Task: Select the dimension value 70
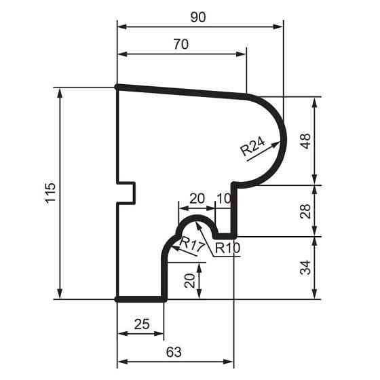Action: point(180,45)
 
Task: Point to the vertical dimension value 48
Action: point(306,140)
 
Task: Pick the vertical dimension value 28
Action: point(306,210)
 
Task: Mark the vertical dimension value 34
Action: point(306,267)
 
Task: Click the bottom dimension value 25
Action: point(141,324)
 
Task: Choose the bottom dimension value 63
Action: point(174,351)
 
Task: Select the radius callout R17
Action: point(192,245)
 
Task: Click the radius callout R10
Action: point(227,248)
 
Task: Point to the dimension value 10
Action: point(223,198)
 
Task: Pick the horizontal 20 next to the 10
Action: point(197,198)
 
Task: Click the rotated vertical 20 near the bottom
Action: point(191,280)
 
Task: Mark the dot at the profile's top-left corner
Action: point(118,87)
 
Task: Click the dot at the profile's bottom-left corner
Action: point(118,299)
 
